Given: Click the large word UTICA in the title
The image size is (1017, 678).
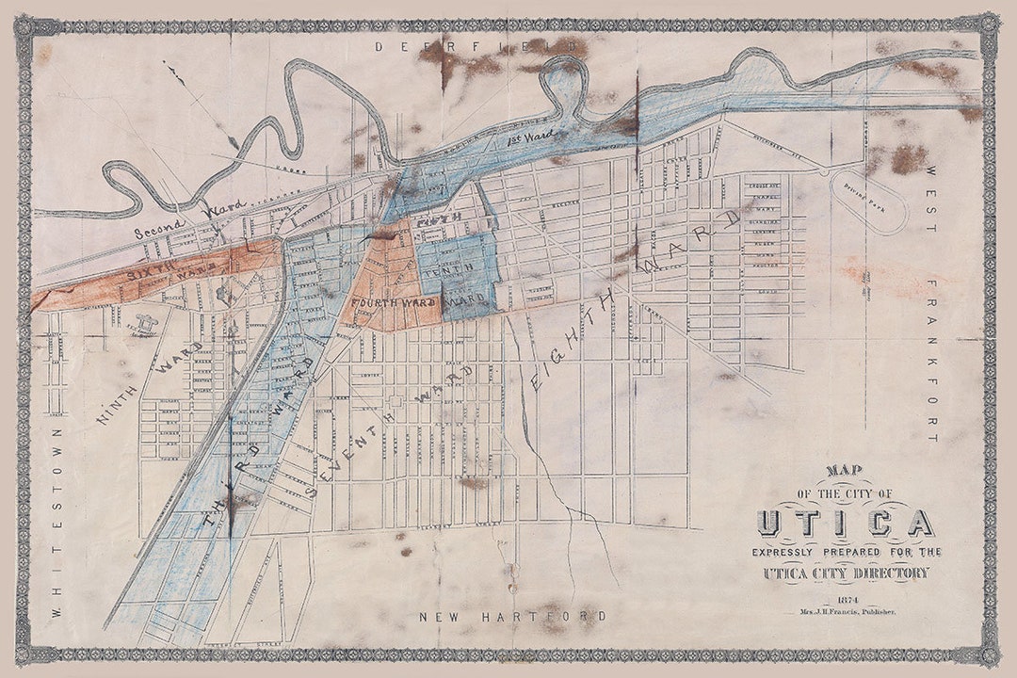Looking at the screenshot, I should tap(846, 523).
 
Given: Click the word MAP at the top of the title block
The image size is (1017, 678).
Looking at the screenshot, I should tap(845, 471).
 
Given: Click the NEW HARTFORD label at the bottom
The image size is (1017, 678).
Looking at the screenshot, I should tap(513, 617).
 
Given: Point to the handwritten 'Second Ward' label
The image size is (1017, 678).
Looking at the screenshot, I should tap(189, 218).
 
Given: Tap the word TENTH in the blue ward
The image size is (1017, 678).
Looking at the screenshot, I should tap(448, 272).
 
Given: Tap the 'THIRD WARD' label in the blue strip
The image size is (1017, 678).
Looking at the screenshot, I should tap(254, 443).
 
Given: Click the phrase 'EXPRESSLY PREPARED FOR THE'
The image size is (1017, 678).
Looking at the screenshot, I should tap(846, 551).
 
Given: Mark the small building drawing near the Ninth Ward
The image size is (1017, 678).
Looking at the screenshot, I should tap(147, 324).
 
